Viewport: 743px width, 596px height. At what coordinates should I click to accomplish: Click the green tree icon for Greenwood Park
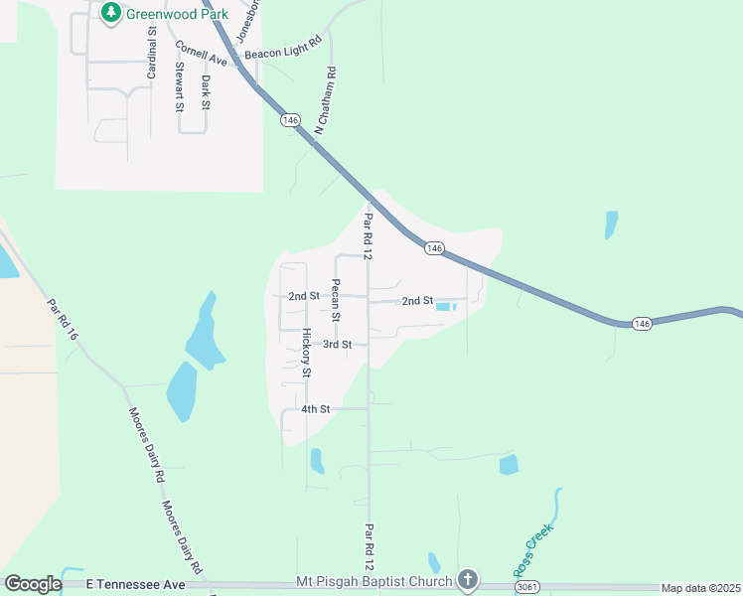click(110, 13)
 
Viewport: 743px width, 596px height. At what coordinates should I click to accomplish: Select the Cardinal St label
click(153, 53)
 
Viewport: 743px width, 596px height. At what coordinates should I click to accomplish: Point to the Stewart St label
click(180, 86)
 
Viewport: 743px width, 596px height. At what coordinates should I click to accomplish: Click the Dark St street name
click(206, 91)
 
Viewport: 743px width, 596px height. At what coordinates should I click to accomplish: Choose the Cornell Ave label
click(202, 54)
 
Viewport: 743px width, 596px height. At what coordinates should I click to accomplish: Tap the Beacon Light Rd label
click(284, 46)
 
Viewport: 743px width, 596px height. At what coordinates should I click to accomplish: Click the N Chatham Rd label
click(320, 101)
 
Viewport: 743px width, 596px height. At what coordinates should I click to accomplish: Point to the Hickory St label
click(307, 353)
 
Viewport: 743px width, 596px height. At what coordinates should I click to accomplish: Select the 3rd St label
click(338, 345)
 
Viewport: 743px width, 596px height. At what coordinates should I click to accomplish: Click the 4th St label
click(315, 409)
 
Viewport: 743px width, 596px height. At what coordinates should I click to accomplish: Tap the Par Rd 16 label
click(62, 320)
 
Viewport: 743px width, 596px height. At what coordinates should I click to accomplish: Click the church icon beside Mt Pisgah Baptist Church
click(467, 581)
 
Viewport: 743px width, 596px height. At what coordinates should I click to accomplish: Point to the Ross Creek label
click(532, 553)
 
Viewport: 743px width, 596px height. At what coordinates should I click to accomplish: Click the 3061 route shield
click(529, 588)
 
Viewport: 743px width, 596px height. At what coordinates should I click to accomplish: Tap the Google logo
click(33, 584)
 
